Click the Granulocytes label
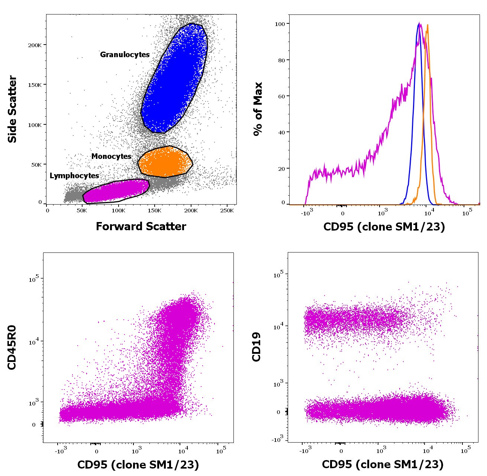[125, 55]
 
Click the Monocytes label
[111, 156]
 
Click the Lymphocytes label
[74, 176]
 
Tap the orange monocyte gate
[165, 162]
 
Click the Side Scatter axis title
[12, 109]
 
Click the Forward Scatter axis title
[141, 226]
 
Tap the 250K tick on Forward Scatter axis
[227, 211]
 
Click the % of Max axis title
[258, 109]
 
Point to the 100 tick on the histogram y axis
[280, 24]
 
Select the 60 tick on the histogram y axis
[281, 97]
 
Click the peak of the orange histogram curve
[428, 25]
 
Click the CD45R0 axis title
[12, 347]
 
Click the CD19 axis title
[257, 347]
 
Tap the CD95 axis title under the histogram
[384, 226]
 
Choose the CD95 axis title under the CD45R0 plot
[138, 464]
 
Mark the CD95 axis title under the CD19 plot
[383, 464]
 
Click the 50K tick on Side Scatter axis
[36, 164]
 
